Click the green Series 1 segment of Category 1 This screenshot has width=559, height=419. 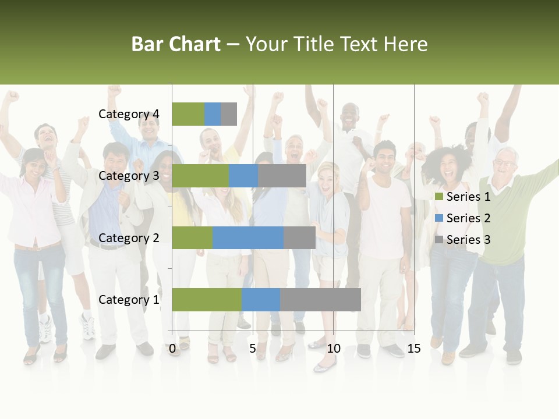tap(207, 299)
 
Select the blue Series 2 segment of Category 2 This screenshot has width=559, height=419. tap(248, 237)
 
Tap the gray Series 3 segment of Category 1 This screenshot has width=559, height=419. tap(320, 299)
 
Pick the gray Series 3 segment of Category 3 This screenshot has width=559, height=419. tap(282, 176)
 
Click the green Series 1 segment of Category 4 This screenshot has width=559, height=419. tap(188, 114)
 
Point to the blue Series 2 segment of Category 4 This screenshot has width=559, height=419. tap(213, 114)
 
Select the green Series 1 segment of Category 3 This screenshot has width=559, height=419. tap(200, 176)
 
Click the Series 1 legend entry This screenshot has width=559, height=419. tap(463, 197)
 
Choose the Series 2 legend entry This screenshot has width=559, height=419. tap(463, 218)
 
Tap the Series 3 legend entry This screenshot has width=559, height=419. tap(463, 240)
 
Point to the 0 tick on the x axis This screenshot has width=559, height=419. tap(172, 349)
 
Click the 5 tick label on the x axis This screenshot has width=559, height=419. tap(253, 349)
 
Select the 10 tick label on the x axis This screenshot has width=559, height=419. tap(333, 349)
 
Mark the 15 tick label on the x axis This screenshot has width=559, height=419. tap(413, 349)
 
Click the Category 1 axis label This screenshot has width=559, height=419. tap(129, 300)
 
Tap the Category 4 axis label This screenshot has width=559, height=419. tap(129, 114)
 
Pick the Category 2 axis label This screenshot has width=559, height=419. tap(129, 238)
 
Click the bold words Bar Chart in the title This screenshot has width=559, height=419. tap(176, 44)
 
